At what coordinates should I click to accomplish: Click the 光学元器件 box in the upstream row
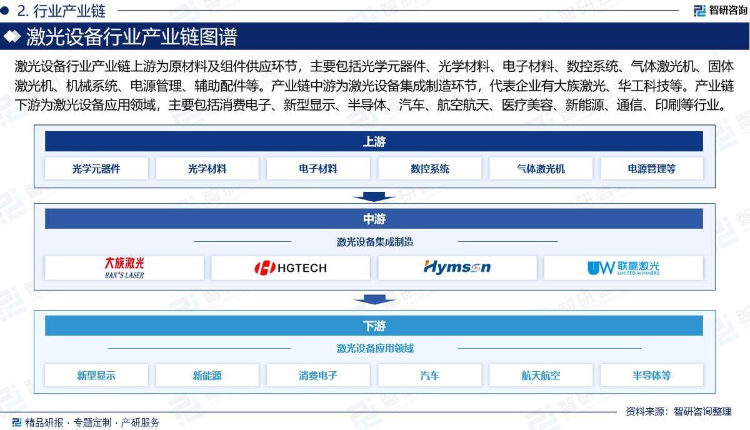[x=96, y=169]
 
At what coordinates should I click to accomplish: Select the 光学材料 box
[x=207, y=169]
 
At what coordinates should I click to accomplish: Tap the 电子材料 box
[x=318, y=169]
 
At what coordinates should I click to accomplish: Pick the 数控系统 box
[x=429, y=169]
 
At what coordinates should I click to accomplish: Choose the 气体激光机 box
[x=541, y=169]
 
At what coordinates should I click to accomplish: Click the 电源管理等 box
[x=651, y=169]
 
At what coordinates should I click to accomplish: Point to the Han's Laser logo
[x=124, y=268]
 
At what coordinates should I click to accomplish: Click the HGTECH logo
[x=291, y=268]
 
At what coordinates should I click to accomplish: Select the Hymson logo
[x=457, y=267]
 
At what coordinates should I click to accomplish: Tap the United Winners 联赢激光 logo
[x=624, y=268]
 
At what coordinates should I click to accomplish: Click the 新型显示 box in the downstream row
[x=96, y=375]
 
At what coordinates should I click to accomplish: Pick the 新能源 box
[x=207, y=375]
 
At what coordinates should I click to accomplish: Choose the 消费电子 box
[x=318, y=375]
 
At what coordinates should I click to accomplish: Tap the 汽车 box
[x=429, y=375]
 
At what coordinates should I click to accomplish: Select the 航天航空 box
[x=541, y=375]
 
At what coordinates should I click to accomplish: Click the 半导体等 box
[x=651, y=375]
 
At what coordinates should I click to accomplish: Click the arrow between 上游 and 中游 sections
[x=374, y=197]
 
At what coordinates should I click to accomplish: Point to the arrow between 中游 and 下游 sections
[x=374, y=299]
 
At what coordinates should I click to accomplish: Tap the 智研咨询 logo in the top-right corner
[x=720, y=11]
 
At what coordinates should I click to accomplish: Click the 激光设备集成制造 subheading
[x=375, y=241]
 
